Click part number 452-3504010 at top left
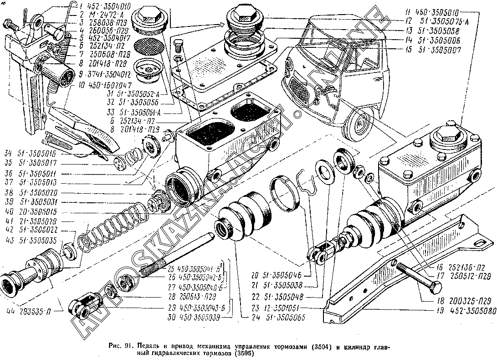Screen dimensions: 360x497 coord(102,6)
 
